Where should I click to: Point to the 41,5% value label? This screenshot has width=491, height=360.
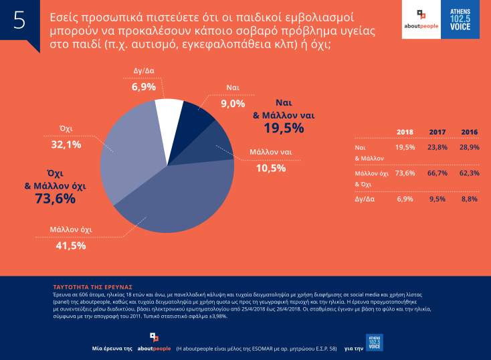point(69,246)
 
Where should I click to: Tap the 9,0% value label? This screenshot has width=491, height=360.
point(232,104)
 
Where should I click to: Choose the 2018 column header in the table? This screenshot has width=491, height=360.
point(405,132)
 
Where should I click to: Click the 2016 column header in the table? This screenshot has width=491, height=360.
point(469,132)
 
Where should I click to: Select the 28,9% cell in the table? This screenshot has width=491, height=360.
point(469,147)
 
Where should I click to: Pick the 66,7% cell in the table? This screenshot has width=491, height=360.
point(437,173)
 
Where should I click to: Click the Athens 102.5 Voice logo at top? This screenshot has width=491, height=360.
point(461,20)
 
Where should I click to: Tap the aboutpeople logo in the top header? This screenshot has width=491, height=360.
point(419,20)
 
